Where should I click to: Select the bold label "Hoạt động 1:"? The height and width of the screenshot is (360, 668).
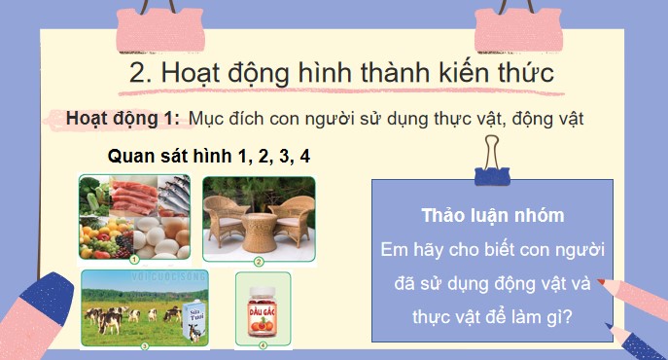[x=123, y=118]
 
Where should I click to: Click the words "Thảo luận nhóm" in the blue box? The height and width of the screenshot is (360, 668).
[x=493, y=214]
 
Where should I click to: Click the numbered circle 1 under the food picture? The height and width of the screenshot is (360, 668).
[x=134, y=260]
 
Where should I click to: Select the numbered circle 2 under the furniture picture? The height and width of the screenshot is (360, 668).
[x=260, y=261]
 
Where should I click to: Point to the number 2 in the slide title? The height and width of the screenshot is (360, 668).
[x=136, y=72]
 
